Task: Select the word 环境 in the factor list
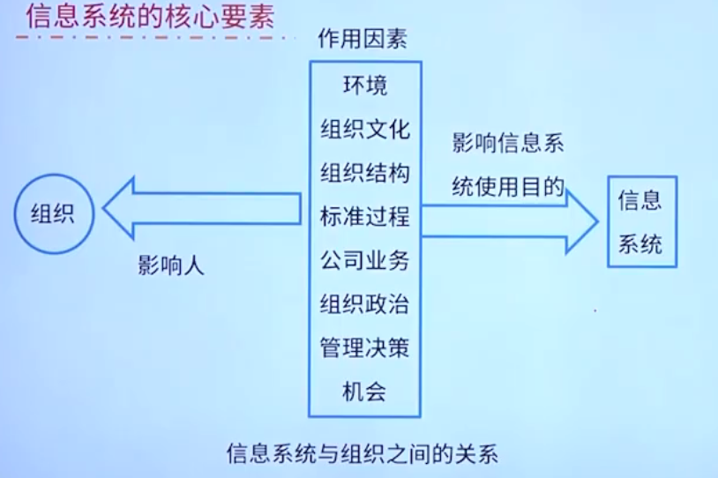pyautogui.click(x=364, y=86)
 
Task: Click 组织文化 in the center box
pyautogui.click(x=364, y=129)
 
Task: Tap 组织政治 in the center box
pyautogui.click(x=364, y=304)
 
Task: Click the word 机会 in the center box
pyautogui.click(x=364, y=391)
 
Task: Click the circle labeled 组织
pyautogui.click(x=53, y=213)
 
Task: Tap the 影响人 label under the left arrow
pyautogui.click(x=170, y=265)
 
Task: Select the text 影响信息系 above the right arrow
pyautogui.click(x=507, y=144)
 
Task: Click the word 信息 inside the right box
pyautogui.click(x=640, y=200)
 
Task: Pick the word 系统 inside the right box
pyautogui.click(x=640, y=243)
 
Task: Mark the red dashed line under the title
pyautogui.click(x=150, y=39)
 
